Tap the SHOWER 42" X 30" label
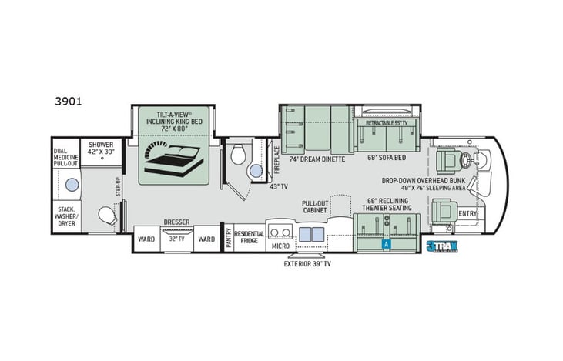(101, 148)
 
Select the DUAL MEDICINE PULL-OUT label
(65, 153)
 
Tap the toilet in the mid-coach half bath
(239, 154)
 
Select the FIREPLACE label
(277, 161)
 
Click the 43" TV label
(278, 186)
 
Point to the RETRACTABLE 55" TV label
(385, 122)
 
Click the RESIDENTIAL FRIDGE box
(249, 238)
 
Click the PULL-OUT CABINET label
(316, 206)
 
